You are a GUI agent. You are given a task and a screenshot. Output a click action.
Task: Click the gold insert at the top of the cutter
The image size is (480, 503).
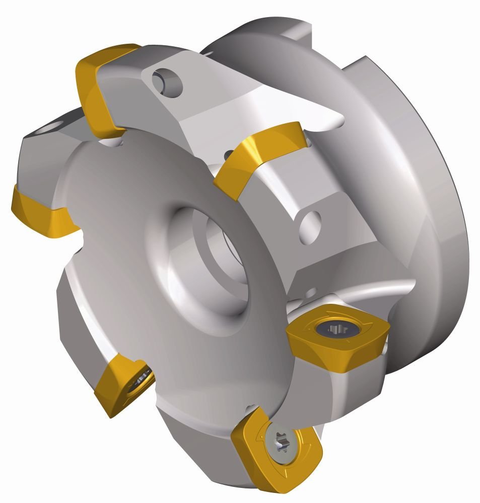tap(103, 88)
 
